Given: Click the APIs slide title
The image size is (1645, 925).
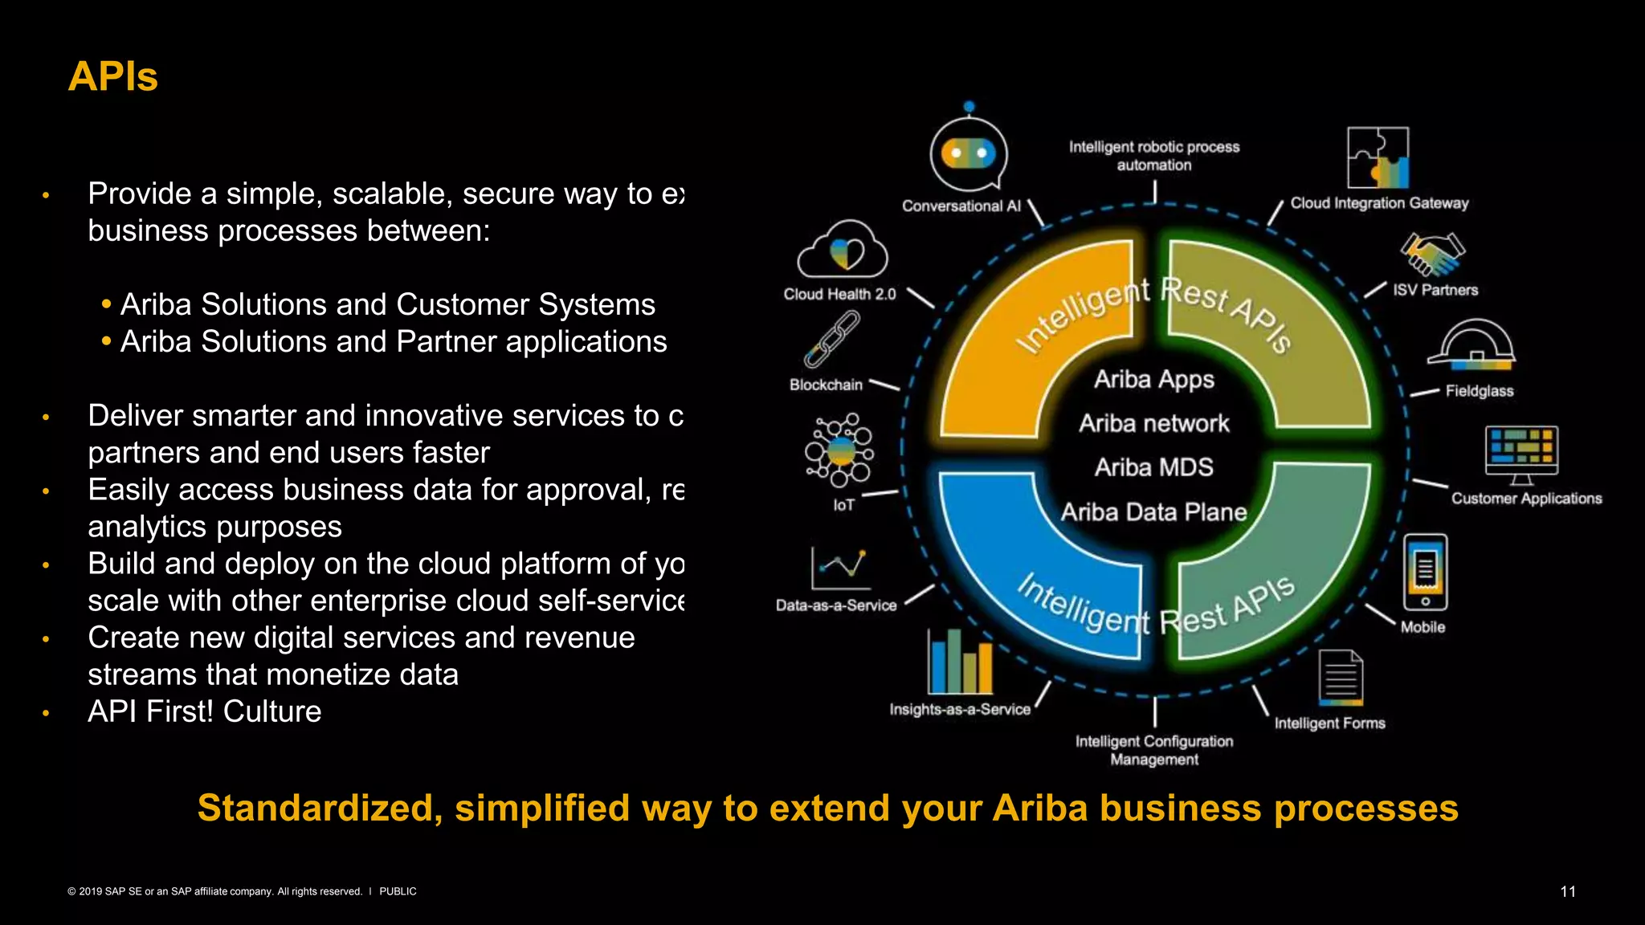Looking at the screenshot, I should [112, 77].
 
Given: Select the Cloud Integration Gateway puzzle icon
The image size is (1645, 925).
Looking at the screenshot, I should [1378, 157].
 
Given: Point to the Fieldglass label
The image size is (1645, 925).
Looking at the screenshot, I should [1479, 391].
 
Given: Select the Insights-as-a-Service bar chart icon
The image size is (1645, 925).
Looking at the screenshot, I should [959, 662].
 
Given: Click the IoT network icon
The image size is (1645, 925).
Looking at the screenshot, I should [839, 450].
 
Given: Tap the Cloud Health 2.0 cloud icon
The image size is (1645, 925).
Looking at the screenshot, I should [842, 251].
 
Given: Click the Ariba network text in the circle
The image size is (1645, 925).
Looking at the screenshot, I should [1153, 423].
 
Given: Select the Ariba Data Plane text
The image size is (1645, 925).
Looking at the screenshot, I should [1153, 512].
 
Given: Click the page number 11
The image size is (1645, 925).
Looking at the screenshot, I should [1567, 891].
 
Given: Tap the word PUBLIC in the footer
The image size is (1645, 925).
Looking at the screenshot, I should [398, 891].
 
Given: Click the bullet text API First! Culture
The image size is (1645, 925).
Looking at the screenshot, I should [204, 711].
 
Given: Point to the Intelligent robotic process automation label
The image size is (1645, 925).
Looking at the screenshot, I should [1153, 156].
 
